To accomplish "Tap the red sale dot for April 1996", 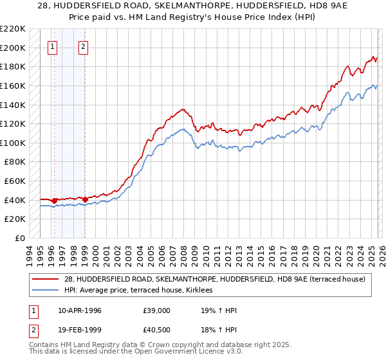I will point(54,201).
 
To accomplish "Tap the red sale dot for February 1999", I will point(85,199).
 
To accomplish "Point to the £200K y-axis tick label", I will point(13,48).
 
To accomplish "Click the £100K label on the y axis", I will point(13,143).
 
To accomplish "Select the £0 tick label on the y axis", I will point(20,238).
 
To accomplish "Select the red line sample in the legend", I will point(46,279).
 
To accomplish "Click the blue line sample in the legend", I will point(46,291).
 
